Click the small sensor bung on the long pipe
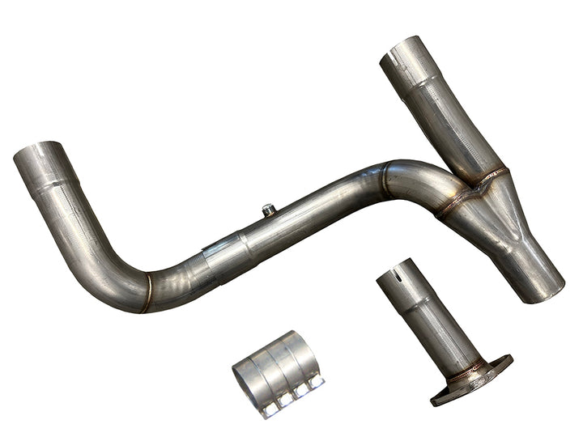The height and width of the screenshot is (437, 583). [269, 210]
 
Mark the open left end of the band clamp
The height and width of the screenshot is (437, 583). [245, 377]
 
